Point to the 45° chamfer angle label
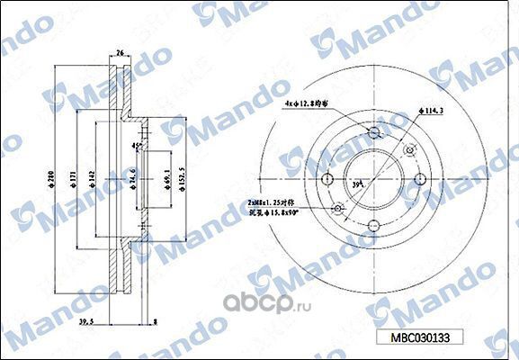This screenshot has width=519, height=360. (137, 146)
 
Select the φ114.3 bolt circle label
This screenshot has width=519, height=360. (434, 111)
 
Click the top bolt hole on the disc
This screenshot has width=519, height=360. (374, 135)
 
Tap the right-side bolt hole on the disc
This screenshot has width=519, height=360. (419, 179)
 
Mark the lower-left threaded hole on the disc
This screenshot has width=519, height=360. (339, 211)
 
